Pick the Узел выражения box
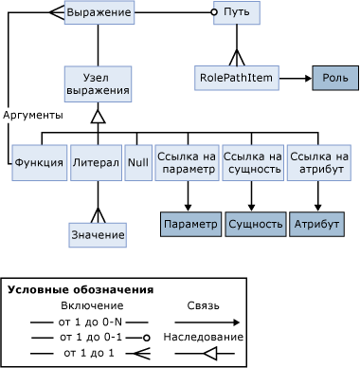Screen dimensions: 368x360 click(98, 83)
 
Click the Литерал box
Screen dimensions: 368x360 click(96, 162)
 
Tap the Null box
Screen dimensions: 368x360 click(138, 162)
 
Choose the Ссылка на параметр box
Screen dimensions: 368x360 click(187, 162)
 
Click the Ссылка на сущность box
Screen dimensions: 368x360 click(252, 162)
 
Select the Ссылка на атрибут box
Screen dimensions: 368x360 click(318, 162)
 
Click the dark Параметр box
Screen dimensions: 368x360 click(189, 224)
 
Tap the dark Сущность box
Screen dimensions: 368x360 click(254, 224)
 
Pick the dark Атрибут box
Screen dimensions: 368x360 click(316, 224)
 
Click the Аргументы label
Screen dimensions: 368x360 click(33, 115)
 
